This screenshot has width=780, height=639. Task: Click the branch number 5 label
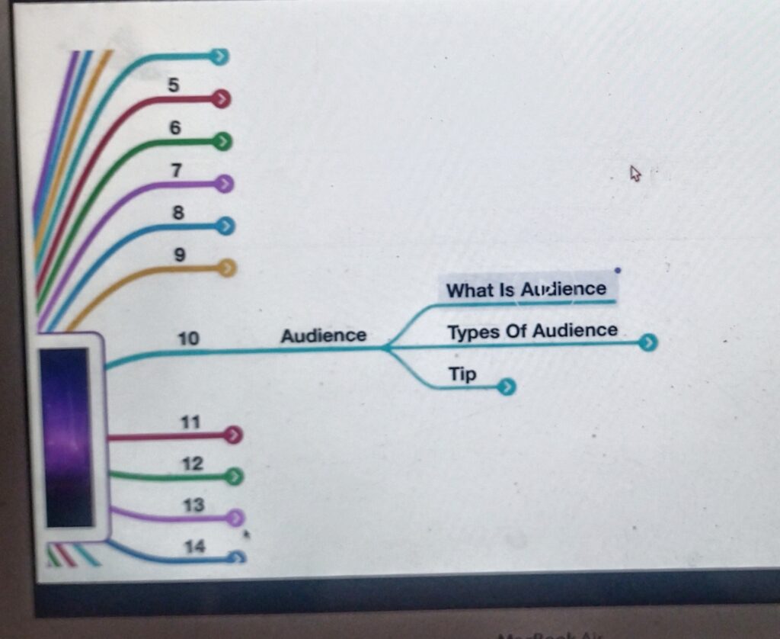pyautogui.click(x=174, y=85)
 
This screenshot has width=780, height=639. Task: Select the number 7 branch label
pyautogui.click(x=176, y=170)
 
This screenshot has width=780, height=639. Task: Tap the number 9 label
pyautogui.click(x=180, y=255)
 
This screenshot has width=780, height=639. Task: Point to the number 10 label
pyautogui.click(x=188, y=338)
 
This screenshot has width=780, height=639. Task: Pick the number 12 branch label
pyautogui.click(x=193, y=463)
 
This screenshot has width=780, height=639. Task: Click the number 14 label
pyautogui.click(x=195, y=546)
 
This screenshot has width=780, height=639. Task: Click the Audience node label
pyautogui.click(x=323, y=336)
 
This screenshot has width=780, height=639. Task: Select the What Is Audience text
pyautogui.click(x=526, y=290)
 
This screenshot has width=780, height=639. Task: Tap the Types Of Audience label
pyautogui.click(x=532, y=331)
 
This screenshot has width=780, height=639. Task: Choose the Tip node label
pyautogui.click(x=462, y=374)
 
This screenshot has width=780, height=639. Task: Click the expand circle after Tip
pyautogui.click(x=507, y=388)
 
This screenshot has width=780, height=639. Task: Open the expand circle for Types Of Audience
pyautogui.click(x=647, y=343)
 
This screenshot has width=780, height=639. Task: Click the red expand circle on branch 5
pyautogui.click(x=221, y=99)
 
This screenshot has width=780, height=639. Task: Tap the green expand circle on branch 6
pyautogui.click(x=222, y=142)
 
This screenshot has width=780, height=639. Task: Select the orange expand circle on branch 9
pyautogui.click(x=227, y=268)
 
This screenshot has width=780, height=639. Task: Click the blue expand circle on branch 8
pyautogui.click(x=225, y=226)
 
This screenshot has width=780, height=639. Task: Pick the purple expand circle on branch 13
pyautogui.click(x=235, y=519)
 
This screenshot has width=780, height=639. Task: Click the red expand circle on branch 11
pyautogui.click(x=234, y=435)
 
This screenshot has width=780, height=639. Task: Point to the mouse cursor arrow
pyautogui.click(x=635, y=174)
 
